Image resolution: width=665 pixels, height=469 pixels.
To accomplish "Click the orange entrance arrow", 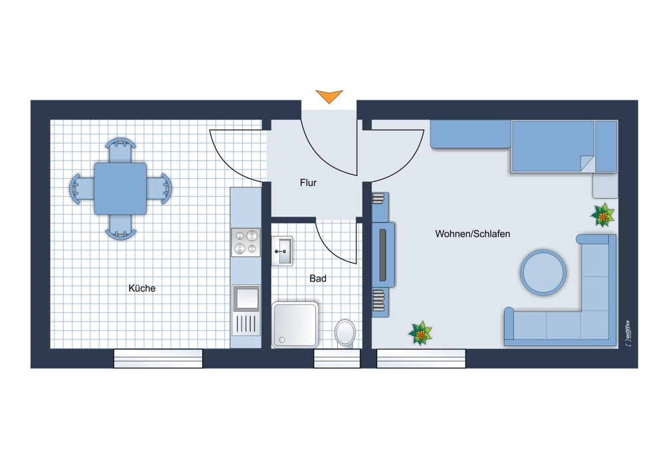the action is click(x=329, y=96).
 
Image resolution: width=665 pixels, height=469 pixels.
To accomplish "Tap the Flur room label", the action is click(x=309, y=183).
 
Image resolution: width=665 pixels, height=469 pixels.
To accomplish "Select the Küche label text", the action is click(x=142, y=288).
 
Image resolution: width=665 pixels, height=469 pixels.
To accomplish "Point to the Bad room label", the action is click(x=318, y=278).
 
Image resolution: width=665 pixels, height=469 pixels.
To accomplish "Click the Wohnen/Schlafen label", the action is click(x=472, y=234).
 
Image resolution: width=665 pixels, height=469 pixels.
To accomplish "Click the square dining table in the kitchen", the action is click(x=120, y=189).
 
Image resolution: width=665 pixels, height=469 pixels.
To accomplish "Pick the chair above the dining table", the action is click(x=120, y=150).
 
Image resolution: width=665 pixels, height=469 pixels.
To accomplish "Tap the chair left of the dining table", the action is click(x=82, y=189).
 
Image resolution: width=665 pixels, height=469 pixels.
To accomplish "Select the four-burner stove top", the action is click(x=245, y=242).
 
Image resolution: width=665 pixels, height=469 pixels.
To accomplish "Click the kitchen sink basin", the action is click(x=246, y=298).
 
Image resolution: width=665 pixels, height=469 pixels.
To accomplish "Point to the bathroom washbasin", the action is click(x=282, y=251).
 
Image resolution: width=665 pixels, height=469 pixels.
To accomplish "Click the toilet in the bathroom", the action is click(x=345, y=333).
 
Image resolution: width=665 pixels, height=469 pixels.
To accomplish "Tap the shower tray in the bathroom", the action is click(x=295, y=325).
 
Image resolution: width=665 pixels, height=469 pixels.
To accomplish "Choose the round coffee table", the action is click(x=543, y=272).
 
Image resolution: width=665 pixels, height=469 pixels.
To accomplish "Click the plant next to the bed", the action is click(x=602, y=215).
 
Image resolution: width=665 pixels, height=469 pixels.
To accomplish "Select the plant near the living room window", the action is click(x=420, y=333).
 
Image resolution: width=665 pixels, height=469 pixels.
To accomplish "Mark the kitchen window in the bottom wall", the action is click(x=158, y=359).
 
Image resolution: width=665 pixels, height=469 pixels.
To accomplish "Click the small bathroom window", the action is click(x=336, y=359).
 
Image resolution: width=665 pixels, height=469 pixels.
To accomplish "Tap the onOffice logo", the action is click(x=628, y=333).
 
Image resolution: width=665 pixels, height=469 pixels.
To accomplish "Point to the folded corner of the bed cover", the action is click(x=587, y=163).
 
